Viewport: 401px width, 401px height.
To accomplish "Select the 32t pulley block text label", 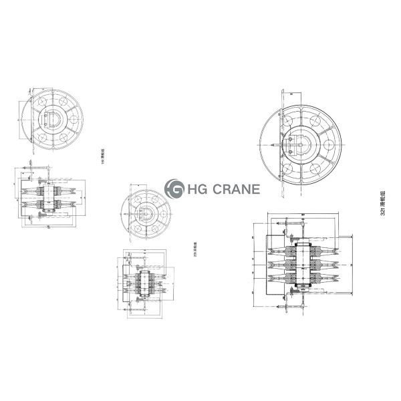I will (382, 200).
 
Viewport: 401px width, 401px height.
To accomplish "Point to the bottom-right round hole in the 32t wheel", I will (323, 166).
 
